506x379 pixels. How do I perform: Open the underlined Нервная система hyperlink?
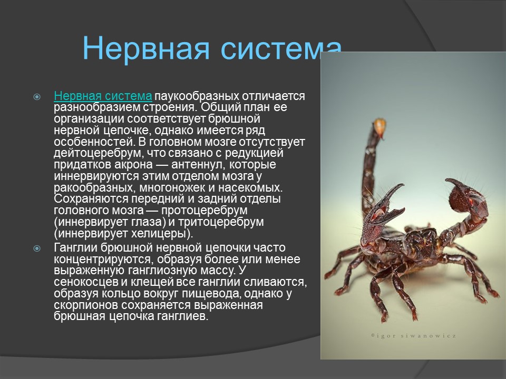(103, 96)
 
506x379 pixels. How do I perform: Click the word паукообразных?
(197, 96)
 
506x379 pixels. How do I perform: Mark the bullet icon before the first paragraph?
(37, 97)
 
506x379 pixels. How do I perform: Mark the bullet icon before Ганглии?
(37, 248)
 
